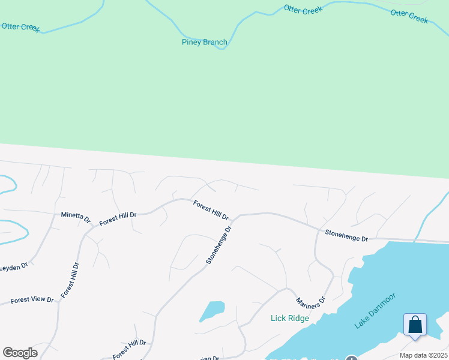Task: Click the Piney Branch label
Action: click(x=204, y=42)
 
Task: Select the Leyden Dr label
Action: click(x=13, y=267)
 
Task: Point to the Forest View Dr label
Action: click(x=32, y=299)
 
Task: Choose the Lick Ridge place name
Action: click(x=289, y=318)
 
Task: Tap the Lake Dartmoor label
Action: click(x=375, y=310)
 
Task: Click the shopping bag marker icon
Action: click(x=415, y=325)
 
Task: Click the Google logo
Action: click(x=20, y=353)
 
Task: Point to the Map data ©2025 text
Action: click(x=424, y=355)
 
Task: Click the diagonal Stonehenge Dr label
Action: click(x=218, y=245)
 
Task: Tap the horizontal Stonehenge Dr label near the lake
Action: click(x=346, y=235)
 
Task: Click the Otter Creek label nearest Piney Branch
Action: click(x=303, y=10)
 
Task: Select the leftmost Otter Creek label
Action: click(x=20, y=27)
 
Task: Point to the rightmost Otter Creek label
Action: click(x=409, y=16)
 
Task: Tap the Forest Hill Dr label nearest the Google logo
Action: click(x=129, y=349)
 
